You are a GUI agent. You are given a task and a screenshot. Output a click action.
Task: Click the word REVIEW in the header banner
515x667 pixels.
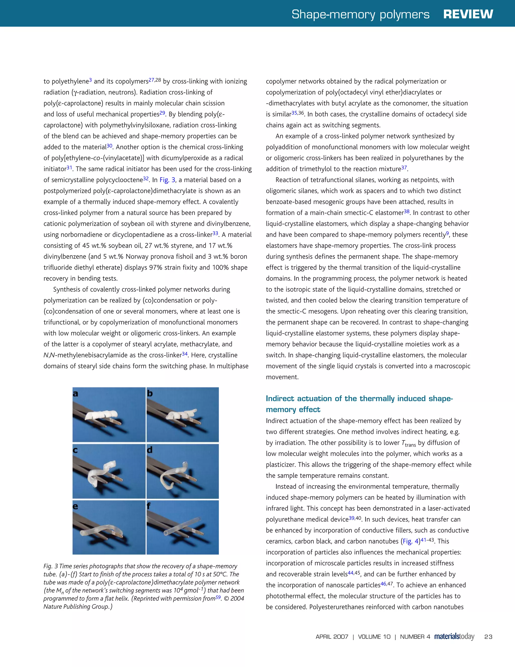(x=468, y=14)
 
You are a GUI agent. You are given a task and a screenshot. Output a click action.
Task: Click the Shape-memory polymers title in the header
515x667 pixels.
(x=360, y=14)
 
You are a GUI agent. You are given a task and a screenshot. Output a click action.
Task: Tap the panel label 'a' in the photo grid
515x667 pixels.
(x=75, y=394)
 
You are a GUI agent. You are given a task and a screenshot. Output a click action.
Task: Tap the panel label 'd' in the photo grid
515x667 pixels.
(x=150, y=450)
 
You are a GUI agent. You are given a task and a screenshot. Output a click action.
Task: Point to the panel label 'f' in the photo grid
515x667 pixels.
(x=149, y=506)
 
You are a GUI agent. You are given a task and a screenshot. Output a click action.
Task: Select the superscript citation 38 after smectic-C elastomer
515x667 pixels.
(x=407, y=211)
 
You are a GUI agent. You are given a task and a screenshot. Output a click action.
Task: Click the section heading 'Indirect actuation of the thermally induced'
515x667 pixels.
(x=359, y=399)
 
